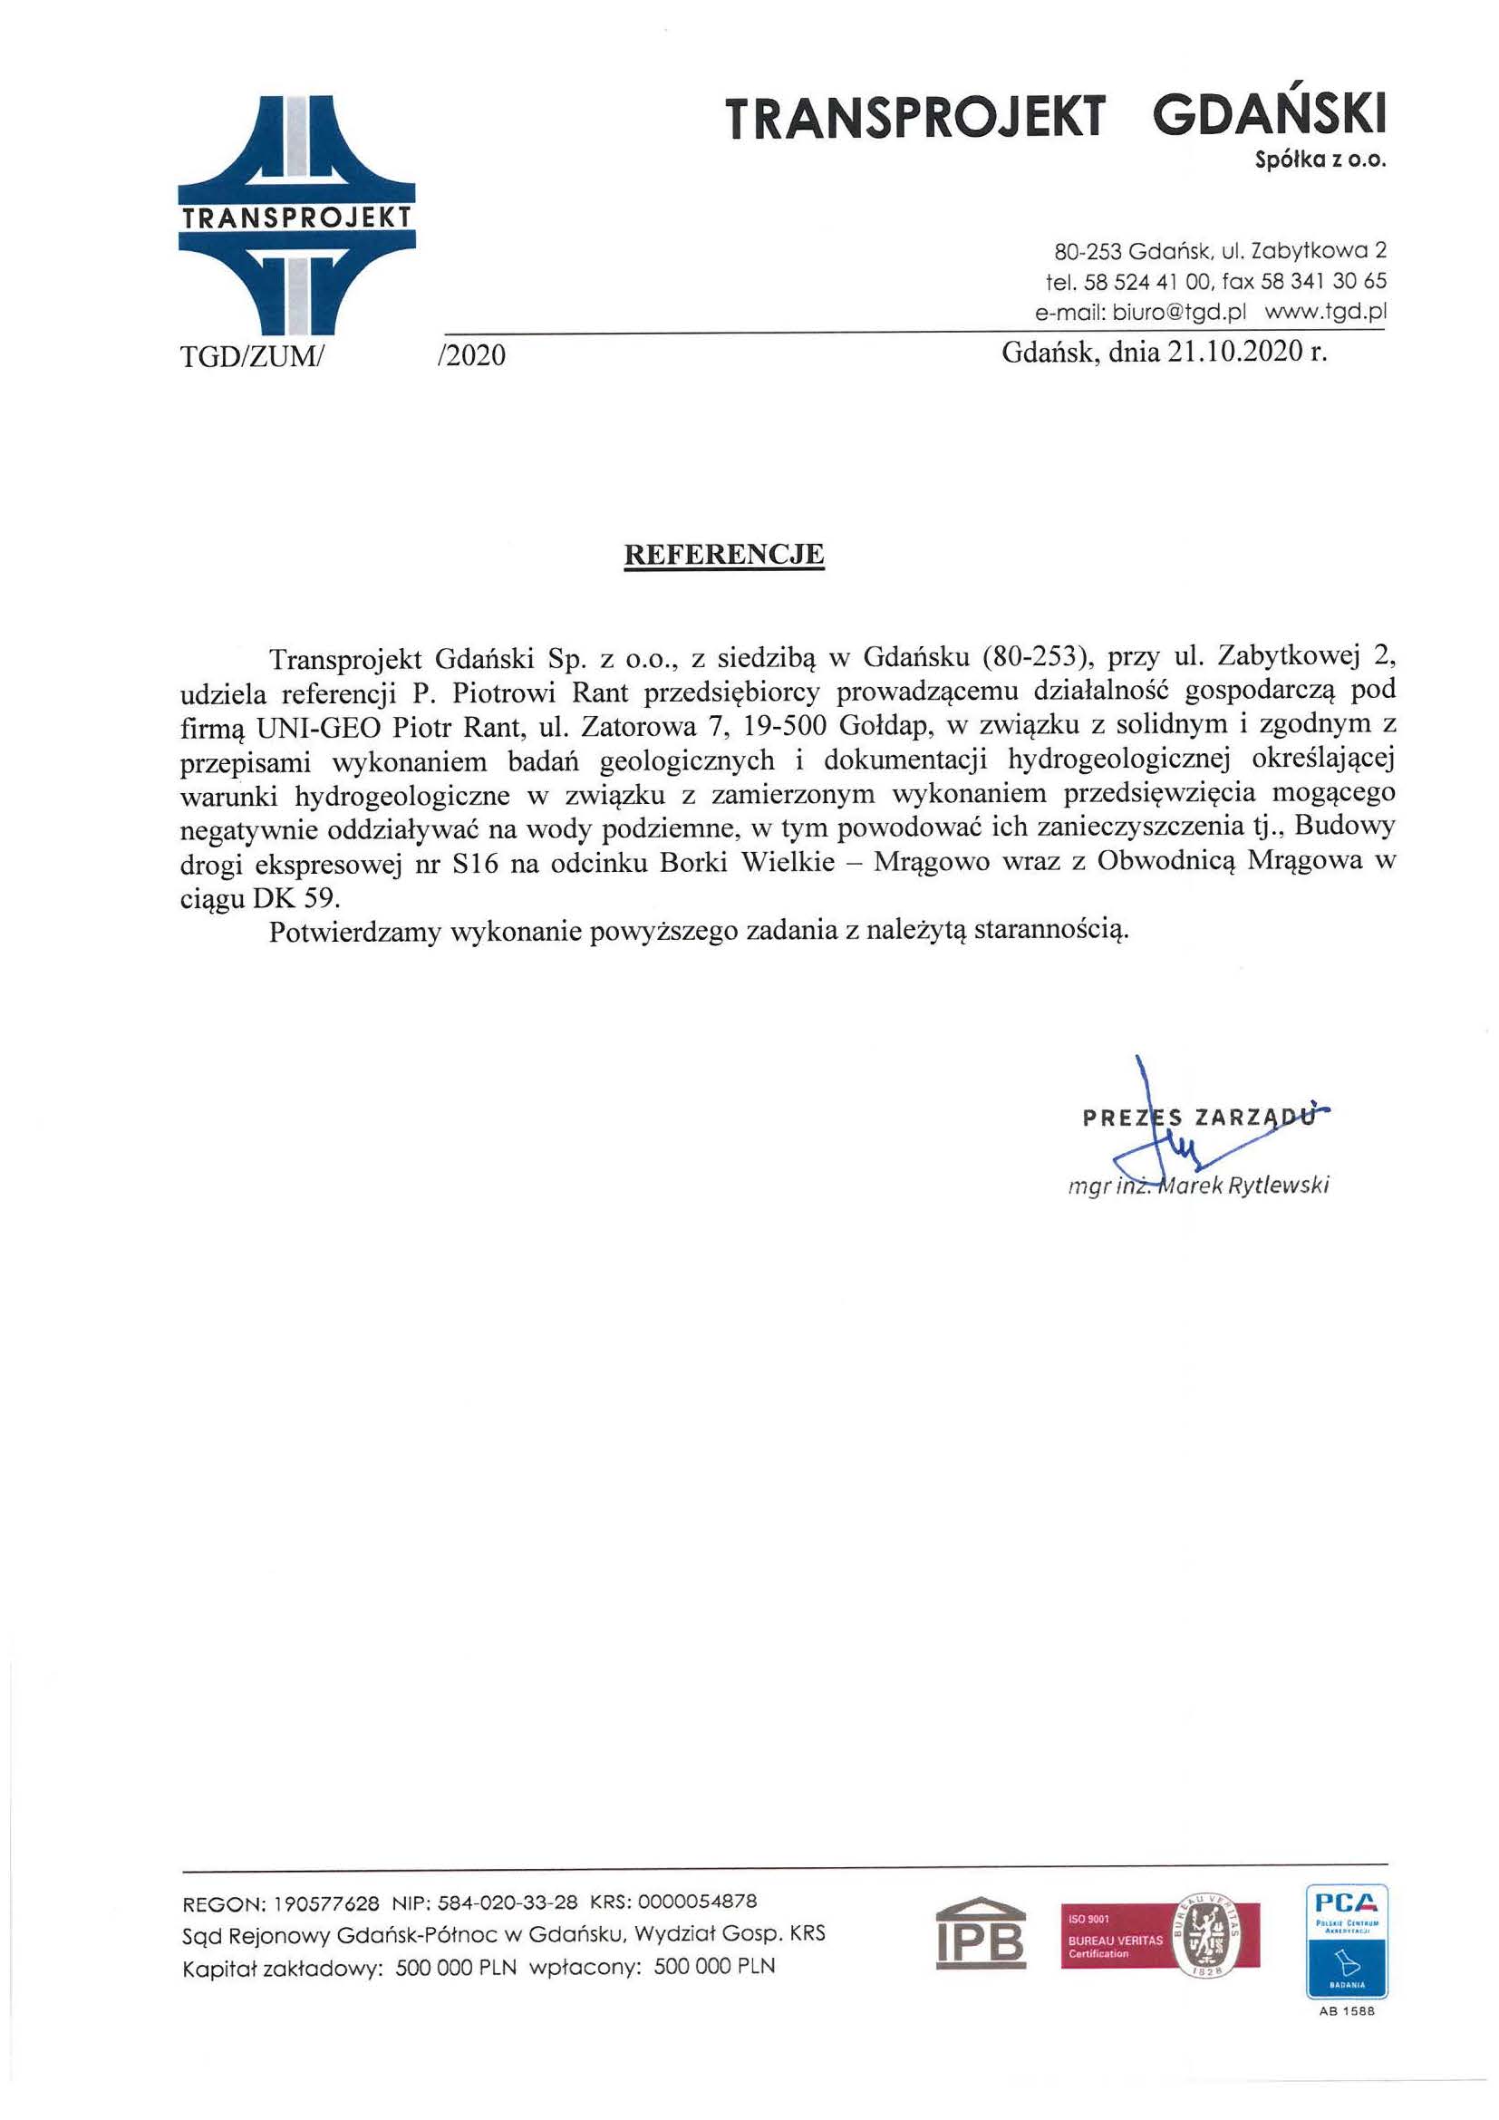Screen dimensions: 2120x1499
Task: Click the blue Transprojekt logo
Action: (295, 215)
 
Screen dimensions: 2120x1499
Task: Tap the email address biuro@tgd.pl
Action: (1179, 312)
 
